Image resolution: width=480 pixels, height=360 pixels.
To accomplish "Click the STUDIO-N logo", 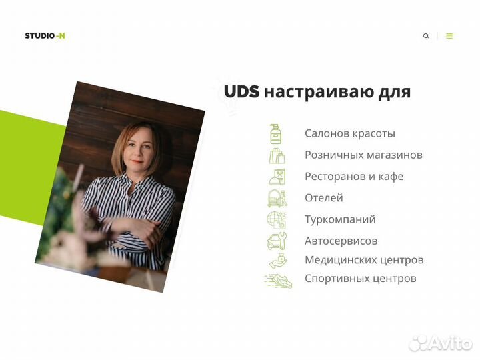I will (45, 36).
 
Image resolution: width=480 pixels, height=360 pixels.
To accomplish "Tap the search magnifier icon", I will (426, 36).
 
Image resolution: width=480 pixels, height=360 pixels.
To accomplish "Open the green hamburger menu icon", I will (449, 36).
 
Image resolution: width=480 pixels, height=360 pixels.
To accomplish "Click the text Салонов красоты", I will (350, 133).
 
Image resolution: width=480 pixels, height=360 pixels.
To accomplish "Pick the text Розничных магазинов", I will (363, 155).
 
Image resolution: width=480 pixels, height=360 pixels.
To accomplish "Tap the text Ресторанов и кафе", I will (354, 177).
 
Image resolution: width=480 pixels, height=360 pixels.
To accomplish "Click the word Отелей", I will (324, 198).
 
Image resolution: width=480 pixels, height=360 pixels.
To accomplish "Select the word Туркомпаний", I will (340, 219).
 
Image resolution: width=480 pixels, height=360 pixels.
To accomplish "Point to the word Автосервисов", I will (341, 241).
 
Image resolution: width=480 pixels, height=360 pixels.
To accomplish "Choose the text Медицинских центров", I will (364, 260).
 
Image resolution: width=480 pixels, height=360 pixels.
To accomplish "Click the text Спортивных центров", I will (361, 279).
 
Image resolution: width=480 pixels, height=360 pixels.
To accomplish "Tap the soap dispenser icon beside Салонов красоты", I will (275, 133).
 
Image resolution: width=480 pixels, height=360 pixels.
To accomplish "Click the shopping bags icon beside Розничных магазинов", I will (277, 155).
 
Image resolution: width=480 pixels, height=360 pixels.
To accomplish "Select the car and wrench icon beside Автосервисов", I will (277, 241).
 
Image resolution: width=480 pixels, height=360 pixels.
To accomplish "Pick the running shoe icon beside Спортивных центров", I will (278, 281).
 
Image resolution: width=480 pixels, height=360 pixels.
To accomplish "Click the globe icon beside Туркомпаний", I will (276, 219).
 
